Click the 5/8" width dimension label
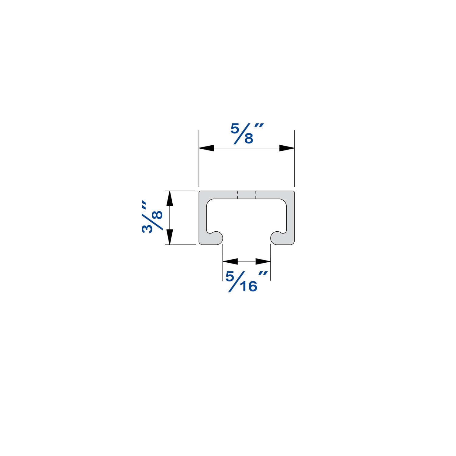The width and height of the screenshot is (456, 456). [x=246, y=133]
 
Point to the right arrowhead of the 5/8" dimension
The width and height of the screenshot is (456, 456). [x=287, y=148]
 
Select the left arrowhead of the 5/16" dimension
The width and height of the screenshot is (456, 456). [x=230, y=261]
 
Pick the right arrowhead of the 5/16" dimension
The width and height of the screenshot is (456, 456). [x=263, y=261]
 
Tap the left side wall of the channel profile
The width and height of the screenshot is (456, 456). [x=203, y=217]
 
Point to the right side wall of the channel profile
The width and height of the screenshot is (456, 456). [x=291, y=217]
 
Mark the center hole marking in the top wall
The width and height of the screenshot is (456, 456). [x=247, y=195]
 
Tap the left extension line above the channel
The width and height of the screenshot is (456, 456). [x=199, y=158]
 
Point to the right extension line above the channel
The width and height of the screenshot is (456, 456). [x=294, y=158]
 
